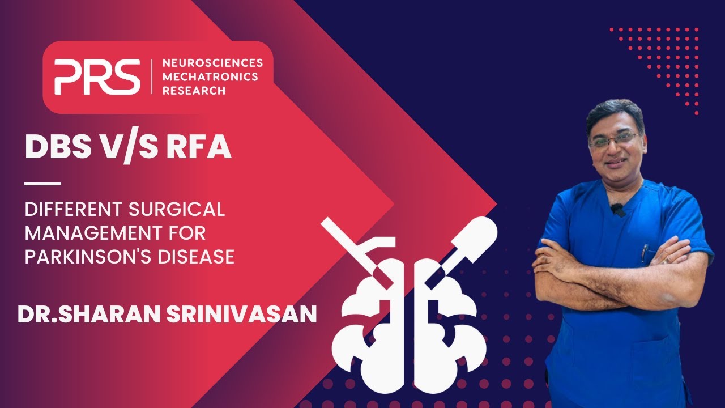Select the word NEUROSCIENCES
[x=212, y=63]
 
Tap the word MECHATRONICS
[x=210, y=77]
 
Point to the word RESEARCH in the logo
[x=194, y=91]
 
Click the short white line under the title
[x=43, y=184]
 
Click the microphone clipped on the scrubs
[x=617, y=210]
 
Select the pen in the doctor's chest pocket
[x=644, y=253]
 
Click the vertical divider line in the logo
[x=152, y=76]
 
